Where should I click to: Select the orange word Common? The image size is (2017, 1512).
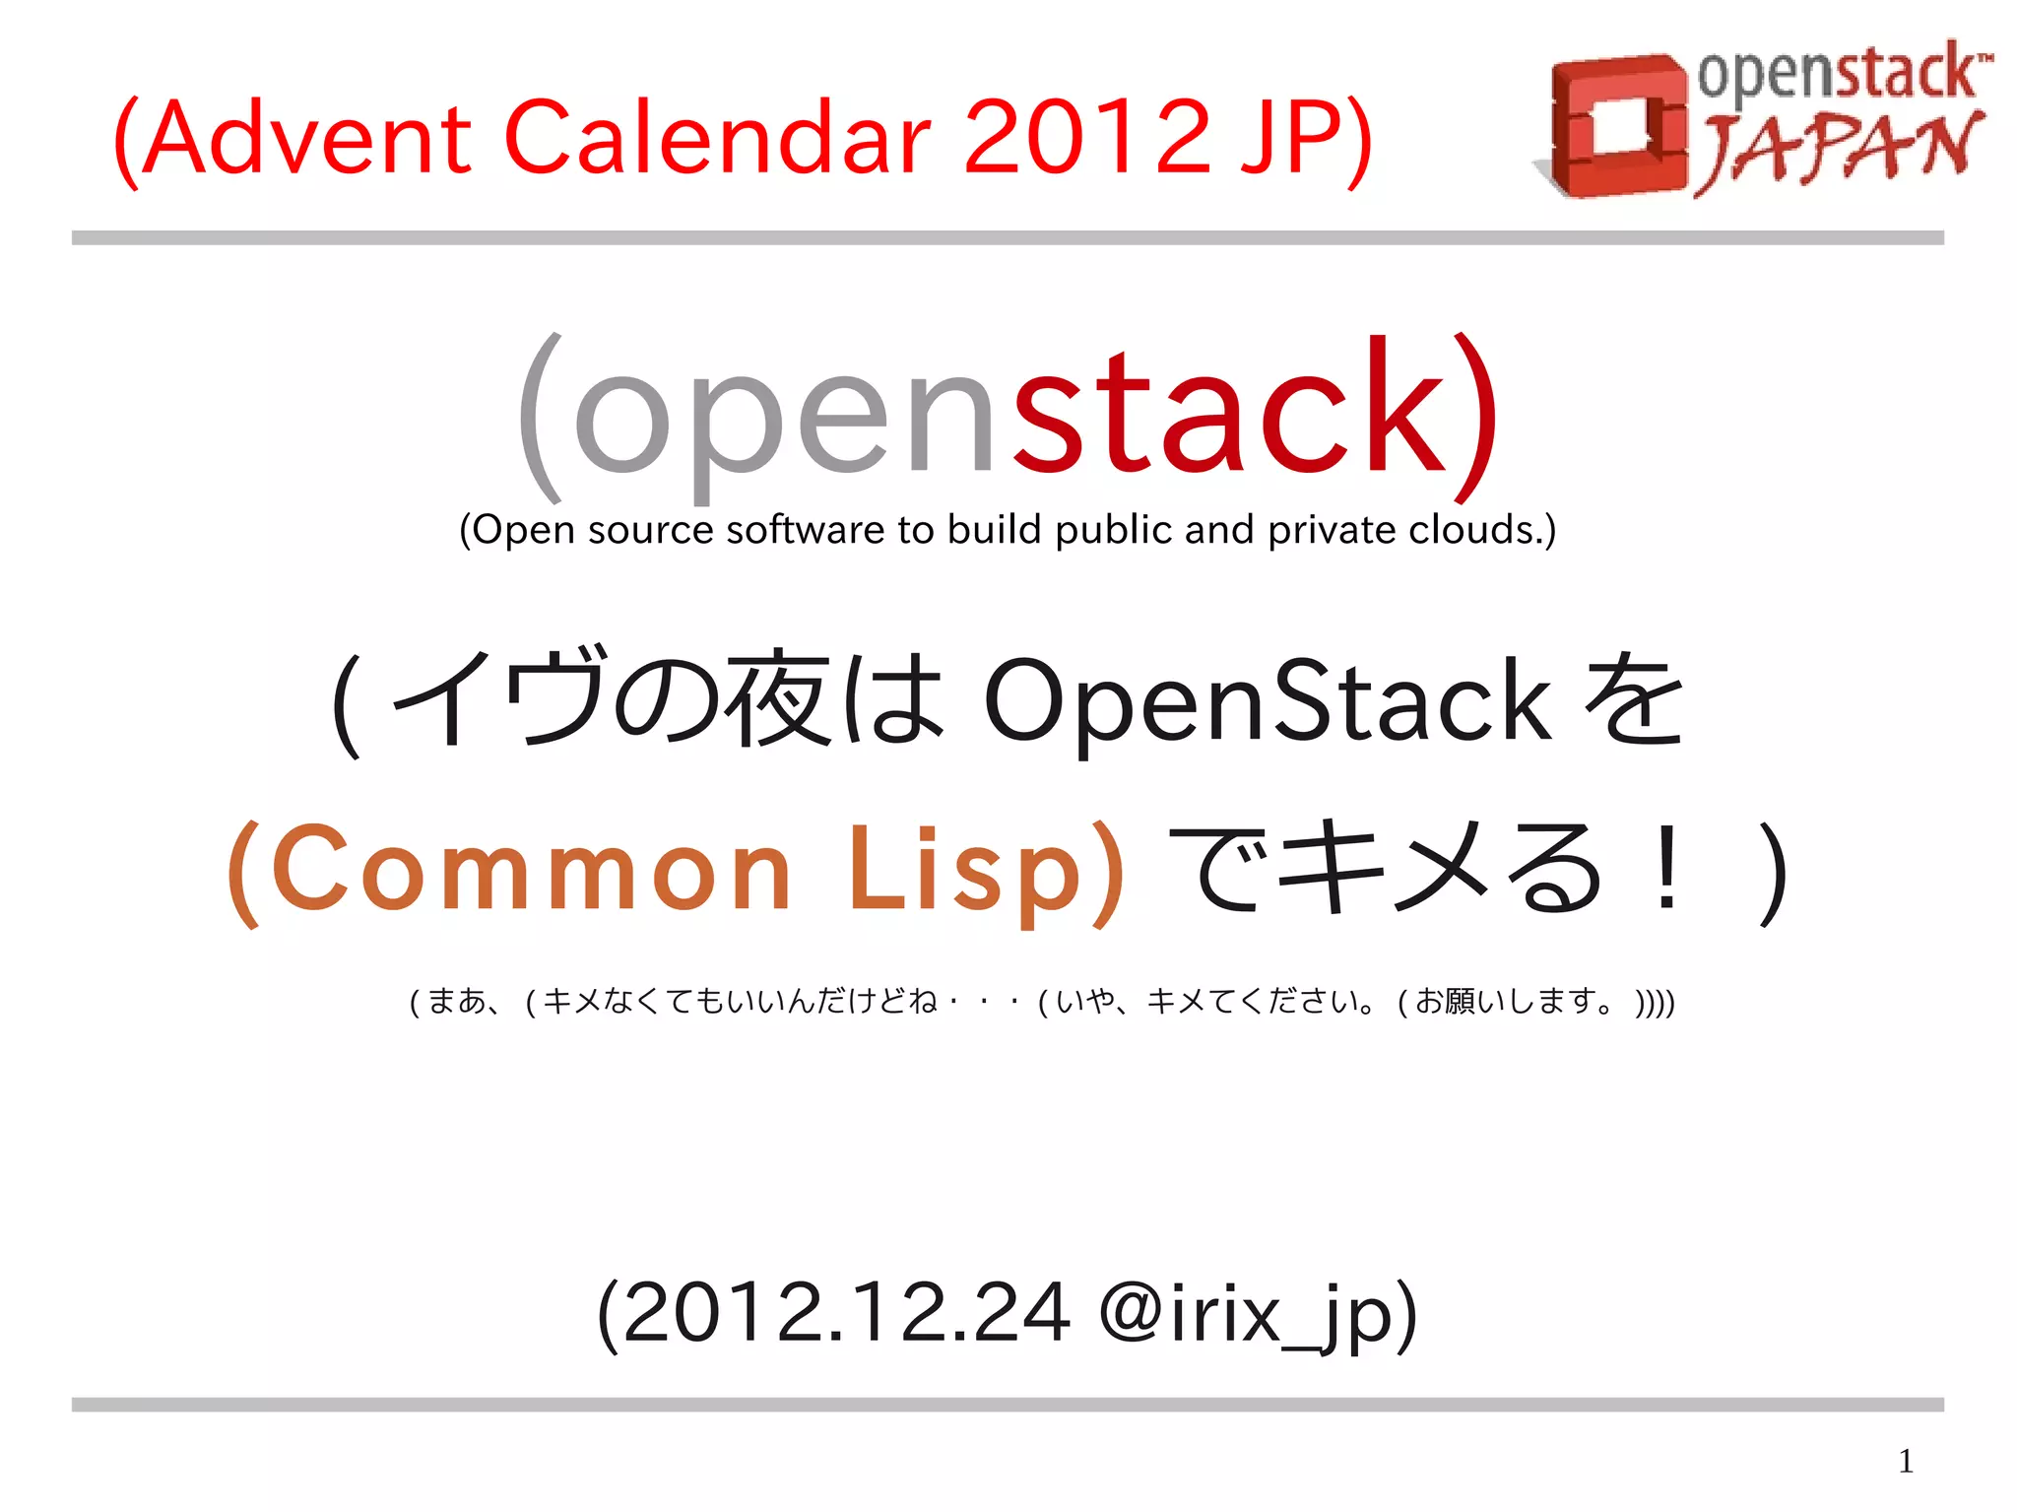pos(532,869)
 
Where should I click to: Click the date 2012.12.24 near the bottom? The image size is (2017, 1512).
pos(847,1313)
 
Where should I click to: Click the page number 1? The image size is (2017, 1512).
pos(1906,1461)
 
